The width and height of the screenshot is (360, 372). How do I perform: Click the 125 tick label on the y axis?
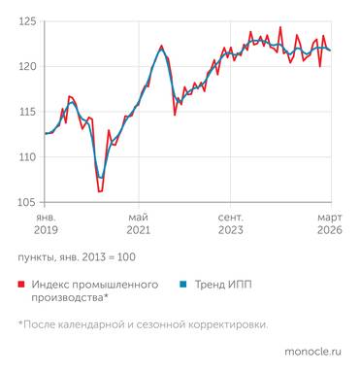point(27,21)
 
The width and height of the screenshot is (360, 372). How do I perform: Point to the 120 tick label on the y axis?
point(27,66)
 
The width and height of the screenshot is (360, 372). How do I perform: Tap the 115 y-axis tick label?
point(27,112)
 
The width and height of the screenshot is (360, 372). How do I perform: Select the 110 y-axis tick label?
point(27,157)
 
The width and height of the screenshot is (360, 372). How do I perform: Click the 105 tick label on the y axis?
point(27,202)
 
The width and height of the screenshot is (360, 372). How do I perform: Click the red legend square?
point(21,285)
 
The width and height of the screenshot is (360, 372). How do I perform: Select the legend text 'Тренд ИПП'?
point(221,285)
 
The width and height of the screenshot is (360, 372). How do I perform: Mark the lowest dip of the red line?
point(99,191)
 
